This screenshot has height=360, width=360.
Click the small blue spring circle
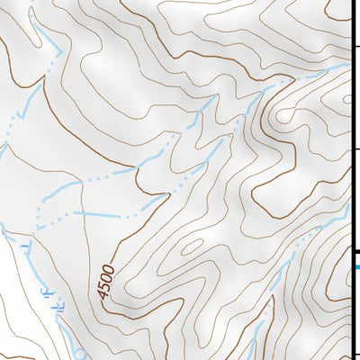(79, 354)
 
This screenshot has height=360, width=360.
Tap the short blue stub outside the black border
(356, 266)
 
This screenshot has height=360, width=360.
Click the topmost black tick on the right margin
(355, 44)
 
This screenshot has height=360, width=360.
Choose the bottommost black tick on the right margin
(355, 352)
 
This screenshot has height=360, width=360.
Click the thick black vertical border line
(350, 180)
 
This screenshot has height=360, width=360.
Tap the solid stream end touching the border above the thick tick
(347, 211)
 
